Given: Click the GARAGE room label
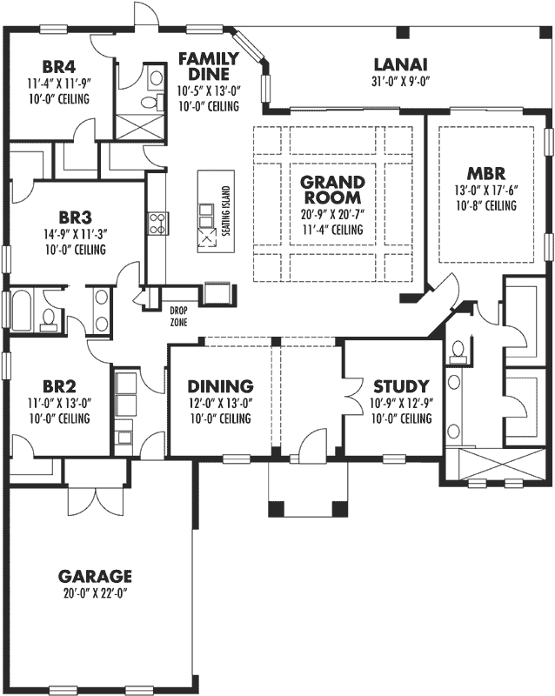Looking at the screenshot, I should pyautogui.click(x=95, y=576).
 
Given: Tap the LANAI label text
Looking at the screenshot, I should pyautogui.click(x=400, y=64).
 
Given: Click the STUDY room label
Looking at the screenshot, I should pyautogui.click(x=401, y=386).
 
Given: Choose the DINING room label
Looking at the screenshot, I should pyautogui.click(x=220, y=386).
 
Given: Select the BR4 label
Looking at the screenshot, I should pyautogui.click(x=60, y=67).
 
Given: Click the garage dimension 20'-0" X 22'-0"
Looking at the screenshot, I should pyautogui.click(x=95, y=592).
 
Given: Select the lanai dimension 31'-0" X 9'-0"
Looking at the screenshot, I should pyautogui.click(x=400, y=81).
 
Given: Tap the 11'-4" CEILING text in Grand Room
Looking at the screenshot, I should pyautogui.click(x=331, y=231).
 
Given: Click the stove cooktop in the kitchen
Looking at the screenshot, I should pyautogui.click(x=157, y=224).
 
